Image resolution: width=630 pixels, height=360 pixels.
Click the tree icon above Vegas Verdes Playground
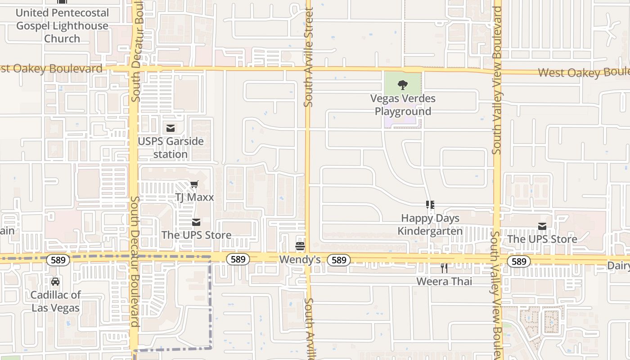point(403,85)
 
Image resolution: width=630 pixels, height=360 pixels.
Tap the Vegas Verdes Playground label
point(403,105)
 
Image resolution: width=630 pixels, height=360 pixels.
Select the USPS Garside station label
point(171,148)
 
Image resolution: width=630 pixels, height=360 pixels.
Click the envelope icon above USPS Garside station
point(171,129)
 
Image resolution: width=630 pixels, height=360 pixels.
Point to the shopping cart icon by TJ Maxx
point(194,184)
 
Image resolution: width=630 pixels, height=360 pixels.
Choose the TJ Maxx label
point(194,197)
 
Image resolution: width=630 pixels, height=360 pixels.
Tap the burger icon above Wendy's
point(300,246)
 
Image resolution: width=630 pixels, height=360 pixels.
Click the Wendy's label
point(300,260)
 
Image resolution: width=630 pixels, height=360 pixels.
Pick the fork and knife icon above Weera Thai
point(444,268)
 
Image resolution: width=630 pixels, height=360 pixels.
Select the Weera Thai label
point(444,282)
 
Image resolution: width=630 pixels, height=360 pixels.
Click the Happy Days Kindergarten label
point(430,225)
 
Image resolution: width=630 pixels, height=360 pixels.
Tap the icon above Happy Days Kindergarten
point(430,205)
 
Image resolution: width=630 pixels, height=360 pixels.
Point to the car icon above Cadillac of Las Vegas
point(55,282)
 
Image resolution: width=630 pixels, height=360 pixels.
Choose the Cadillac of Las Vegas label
point(55,301)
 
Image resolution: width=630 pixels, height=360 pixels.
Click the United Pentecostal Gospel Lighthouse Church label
point(62,26)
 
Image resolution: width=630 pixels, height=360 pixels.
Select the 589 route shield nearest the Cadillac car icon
point(58,260)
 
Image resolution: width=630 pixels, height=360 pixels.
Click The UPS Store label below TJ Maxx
point(196,235)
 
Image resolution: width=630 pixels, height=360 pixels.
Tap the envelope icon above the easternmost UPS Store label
point(542,226)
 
